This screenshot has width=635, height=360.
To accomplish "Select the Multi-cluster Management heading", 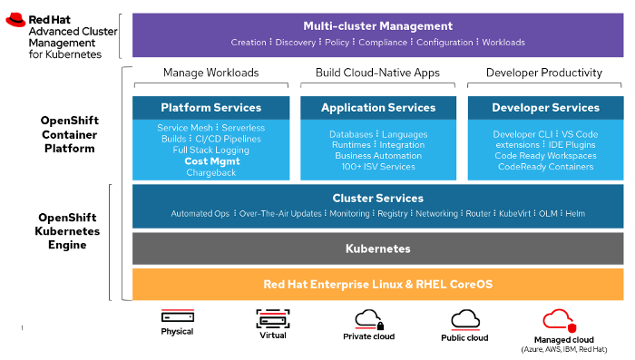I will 377,26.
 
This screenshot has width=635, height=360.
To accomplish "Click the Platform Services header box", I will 210,107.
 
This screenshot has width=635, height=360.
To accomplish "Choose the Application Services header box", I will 378,107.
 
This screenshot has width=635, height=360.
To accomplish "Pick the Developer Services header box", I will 545,107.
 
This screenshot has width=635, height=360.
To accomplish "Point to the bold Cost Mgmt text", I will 210,161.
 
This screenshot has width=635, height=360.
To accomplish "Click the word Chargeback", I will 210,172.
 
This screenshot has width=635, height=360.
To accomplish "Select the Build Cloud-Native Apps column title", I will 377,73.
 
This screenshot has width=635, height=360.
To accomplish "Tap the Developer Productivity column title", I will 544,73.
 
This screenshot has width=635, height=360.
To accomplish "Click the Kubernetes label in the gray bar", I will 377,248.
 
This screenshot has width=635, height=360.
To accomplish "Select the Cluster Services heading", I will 377,198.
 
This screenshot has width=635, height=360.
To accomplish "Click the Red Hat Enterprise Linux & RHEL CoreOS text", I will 377,284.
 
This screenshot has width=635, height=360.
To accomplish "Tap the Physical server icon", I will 178,317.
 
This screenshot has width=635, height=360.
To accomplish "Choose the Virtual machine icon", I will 272,318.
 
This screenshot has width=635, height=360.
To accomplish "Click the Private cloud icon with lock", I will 368,318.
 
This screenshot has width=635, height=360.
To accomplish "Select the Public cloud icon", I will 465,318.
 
